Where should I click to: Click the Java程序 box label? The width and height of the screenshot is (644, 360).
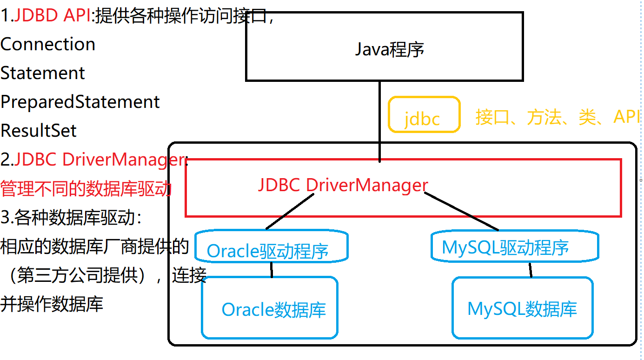pos(389,49)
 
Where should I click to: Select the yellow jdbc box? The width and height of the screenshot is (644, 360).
pos(424,115)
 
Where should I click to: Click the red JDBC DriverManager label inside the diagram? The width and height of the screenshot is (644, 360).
pos(343,185)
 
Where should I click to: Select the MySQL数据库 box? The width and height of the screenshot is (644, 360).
pos(522,308)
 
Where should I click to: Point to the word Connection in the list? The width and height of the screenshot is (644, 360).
pos(48,44)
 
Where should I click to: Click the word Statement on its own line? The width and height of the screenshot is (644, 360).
pos(43,73)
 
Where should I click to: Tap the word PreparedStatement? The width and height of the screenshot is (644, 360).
pos(80,102)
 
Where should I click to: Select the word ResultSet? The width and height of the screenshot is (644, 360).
pos(39,131)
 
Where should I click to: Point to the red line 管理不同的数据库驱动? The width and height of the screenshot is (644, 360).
pos(86,189)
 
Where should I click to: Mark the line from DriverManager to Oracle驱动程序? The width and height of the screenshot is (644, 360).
pos(291,212)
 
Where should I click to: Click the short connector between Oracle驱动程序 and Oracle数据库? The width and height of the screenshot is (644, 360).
pos(271,269)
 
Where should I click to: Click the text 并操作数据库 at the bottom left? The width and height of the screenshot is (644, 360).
pos(52,304)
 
